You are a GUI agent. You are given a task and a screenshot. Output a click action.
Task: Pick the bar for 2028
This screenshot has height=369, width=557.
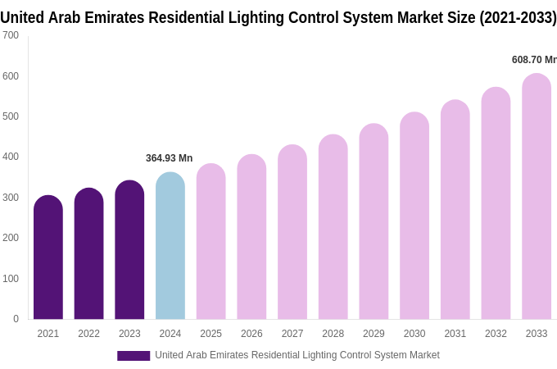[x=333, y=227]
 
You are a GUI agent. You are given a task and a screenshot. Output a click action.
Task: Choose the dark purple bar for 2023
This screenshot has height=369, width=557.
[x=129, y=250]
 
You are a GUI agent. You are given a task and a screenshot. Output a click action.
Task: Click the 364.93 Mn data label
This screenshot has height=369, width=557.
[x=169, y=158]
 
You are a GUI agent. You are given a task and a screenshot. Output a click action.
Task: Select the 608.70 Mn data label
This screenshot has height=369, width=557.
[x=533, y=60]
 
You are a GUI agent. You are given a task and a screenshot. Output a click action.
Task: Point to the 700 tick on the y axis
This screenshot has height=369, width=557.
[x=11, y=35]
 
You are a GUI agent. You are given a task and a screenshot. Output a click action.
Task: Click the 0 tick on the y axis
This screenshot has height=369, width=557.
[x=16, y=319]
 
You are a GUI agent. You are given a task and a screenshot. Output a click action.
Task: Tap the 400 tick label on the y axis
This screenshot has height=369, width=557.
[x=11, y=157]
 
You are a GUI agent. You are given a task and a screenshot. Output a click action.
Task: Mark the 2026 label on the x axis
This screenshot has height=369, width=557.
[x=251, y=334]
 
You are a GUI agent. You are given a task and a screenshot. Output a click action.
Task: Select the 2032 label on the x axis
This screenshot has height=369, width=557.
[x=496, y=334]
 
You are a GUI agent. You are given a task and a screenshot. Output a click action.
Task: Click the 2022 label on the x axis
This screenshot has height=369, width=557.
[x=88, y=334]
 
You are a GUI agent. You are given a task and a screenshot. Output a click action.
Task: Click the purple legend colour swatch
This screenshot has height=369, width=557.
[x=134, y=356]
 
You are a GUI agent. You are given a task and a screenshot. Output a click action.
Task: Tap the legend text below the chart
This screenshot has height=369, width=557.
[x=297, y=355]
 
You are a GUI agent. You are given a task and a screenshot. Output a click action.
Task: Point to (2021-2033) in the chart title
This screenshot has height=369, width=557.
[x=518, y=17]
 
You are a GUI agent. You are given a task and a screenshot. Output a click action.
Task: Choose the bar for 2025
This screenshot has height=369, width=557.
[x=211, y=242]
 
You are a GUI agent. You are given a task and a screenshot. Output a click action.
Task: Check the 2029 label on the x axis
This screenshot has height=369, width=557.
[x=374, y=334]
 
